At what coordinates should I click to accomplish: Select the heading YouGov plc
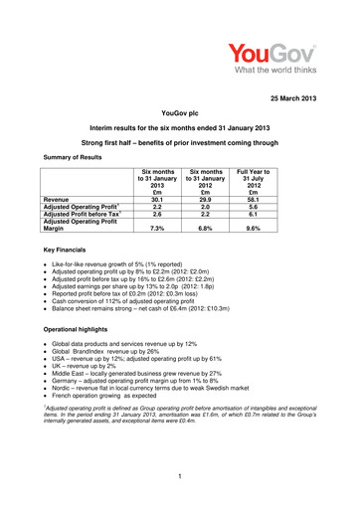[x=179, y=115]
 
